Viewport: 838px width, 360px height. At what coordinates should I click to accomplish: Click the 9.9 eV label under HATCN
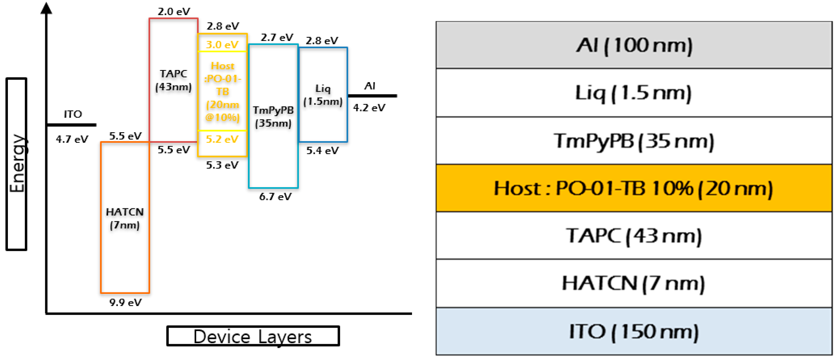point(125,303)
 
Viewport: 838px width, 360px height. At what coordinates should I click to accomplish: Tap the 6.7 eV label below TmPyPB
point(275,197)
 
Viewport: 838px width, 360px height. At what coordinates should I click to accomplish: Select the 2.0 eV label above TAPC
point(174,11)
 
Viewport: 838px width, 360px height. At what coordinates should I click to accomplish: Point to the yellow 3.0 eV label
point(222,45)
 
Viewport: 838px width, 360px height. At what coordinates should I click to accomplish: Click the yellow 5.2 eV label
point(222,139)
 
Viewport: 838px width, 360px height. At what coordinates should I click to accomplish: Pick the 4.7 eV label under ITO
point(72,139)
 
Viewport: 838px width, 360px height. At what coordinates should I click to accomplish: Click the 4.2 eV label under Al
point(369,108)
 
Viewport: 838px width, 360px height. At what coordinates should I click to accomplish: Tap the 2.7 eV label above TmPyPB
point(277,37)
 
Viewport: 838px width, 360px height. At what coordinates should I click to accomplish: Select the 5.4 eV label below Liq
point(322,151)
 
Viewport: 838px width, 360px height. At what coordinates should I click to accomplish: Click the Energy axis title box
point(17,164)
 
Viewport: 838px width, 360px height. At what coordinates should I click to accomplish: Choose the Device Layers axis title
point(253,336)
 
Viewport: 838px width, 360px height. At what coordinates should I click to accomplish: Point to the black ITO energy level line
point(71,125)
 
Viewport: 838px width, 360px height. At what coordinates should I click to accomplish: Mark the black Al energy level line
point(372,96)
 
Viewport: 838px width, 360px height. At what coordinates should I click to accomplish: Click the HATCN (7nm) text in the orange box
point(125,218)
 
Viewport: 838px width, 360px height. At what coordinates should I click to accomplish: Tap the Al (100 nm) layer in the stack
point(634,45)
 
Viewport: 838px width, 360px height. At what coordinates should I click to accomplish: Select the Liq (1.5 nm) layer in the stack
point(634,93)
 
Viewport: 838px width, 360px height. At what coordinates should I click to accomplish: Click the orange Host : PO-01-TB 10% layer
point(634,188)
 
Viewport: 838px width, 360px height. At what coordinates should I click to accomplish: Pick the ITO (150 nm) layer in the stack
point(634,331)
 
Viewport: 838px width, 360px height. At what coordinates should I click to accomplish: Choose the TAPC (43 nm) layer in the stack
point(634,236)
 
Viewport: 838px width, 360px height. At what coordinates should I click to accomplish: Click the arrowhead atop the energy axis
point(46,8)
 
